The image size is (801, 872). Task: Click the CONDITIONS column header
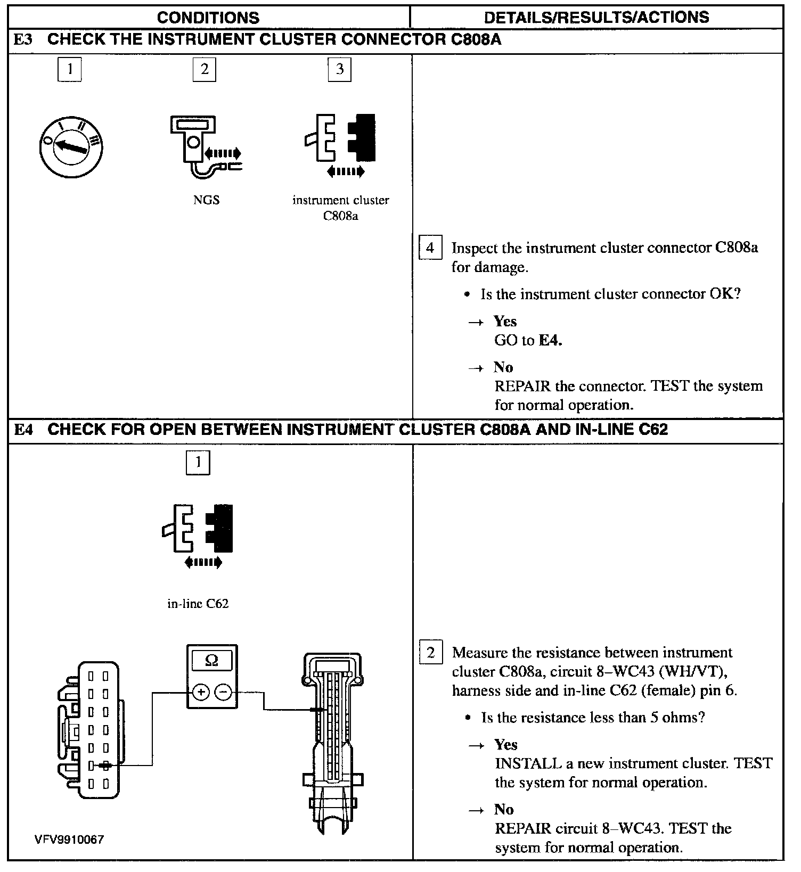(x=208, y=17)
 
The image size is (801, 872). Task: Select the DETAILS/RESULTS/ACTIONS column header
(x=596, y=17)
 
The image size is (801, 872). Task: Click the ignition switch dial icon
(x=71, y=146)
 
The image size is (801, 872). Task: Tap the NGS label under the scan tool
(x=206, y=200)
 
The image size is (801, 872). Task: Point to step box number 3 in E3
(x=340, y=69)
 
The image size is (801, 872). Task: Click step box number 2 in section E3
(x=205, y=69)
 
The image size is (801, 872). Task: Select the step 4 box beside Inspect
(x=430, y=248)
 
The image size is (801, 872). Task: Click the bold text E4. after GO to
(x=551, y=340)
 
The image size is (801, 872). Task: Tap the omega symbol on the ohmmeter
(x=212, y=661)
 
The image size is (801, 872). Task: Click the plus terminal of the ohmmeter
(x=201, y=692)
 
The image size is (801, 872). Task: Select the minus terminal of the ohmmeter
(x=224, y=692)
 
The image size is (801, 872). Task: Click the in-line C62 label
(x=198, y=604)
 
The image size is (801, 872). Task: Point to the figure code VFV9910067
(x=69, y=840)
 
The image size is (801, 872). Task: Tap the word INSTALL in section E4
(x=528, y=763)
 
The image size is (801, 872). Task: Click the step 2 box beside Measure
(x=431, y=653)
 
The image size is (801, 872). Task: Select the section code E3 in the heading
(x=23, y=40)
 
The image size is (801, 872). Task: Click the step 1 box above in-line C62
(x=198, y=462)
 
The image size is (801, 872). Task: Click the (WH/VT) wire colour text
(x=694, y=672)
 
